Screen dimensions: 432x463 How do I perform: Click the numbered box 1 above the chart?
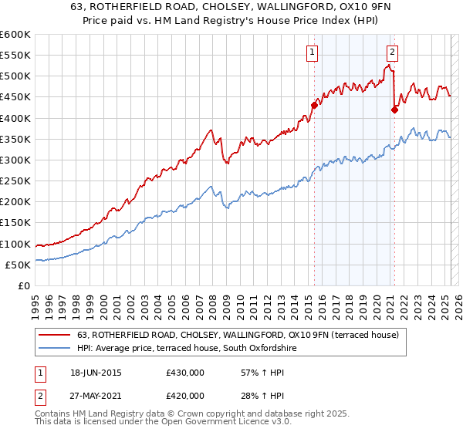[x=312, y=52]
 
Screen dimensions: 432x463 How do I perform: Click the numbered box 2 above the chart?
[x=392, y=52]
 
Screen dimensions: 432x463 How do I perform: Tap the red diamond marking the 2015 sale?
[x=314, y=105]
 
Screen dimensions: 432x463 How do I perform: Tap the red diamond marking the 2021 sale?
[x=394, y=110]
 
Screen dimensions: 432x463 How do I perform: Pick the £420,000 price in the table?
[x=185, y=395]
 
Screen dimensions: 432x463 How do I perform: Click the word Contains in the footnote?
[x=52, y=415]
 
